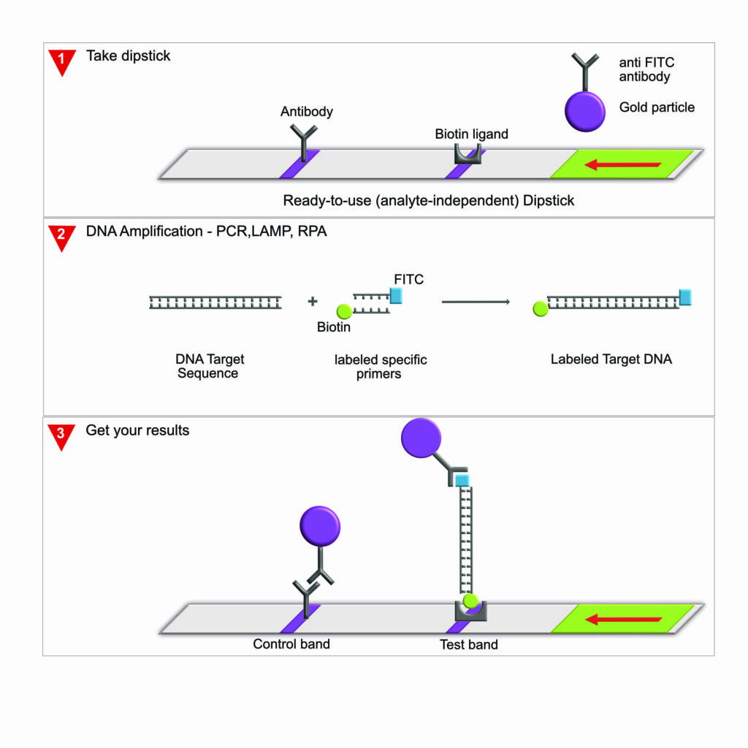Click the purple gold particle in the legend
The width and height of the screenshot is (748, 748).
click(x=585, y=112)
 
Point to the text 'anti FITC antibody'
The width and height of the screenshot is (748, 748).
click(x=646, y=69)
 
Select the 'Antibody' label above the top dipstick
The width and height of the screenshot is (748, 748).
click(x=307, y=112)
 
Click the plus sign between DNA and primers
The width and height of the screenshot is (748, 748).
click(x=313, y=301)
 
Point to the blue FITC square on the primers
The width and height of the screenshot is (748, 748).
click(x=395, y=295)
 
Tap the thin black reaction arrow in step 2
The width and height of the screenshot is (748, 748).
click(x=476, y=301)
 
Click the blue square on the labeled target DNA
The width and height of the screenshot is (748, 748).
click(x=685, y=297)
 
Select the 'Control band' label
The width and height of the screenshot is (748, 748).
click(x=291, y=644)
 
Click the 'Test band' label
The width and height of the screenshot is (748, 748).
click(x=468, y=644)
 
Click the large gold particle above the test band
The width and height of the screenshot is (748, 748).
click(x=421, y=438)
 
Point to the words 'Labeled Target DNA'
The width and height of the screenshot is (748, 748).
click(x=611, y=359)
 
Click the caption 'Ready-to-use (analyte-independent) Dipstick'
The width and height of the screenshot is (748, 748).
click(x=429, y=200)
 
